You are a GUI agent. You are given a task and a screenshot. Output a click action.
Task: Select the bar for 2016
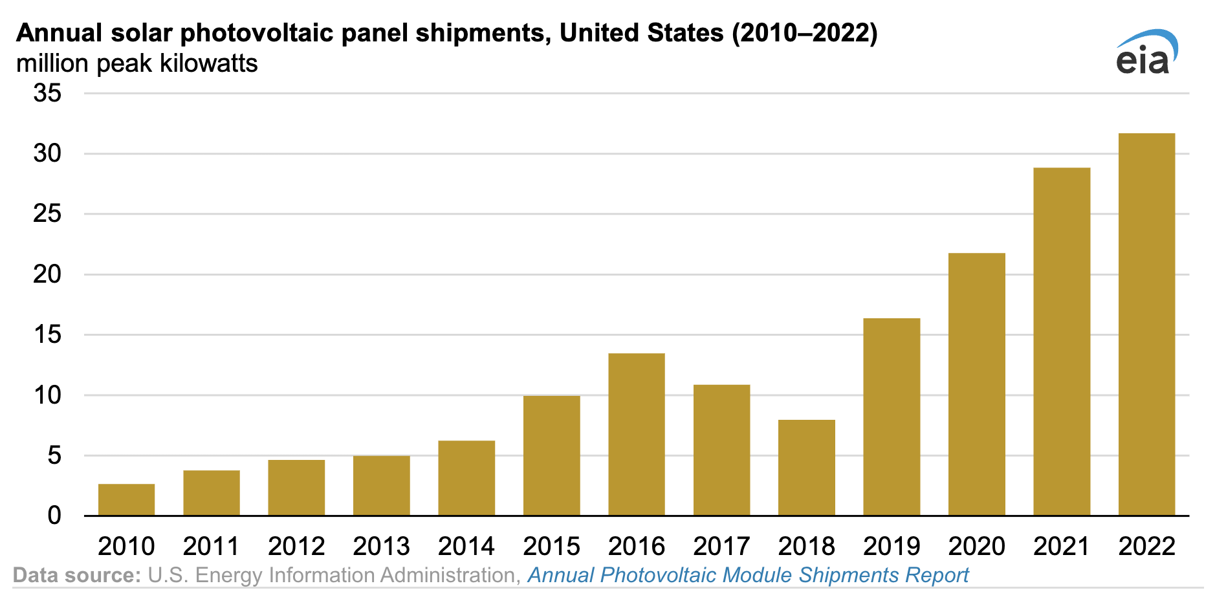pos(637,434)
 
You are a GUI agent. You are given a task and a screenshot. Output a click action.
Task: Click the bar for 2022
pos(1146,324)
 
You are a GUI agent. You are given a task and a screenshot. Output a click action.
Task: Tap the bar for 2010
pos(127,499)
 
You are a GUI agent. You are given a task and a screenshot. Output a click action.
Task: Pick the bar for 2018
pos(807,467)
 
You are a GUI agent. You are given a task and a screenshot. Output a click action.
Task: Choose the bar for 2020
pos(977,384)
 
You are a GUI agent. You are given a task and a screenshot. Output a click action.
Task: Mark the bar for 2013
pos(382,485)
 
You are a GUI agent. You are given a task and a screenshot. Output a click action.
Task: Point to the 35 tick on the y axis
pos(47,93)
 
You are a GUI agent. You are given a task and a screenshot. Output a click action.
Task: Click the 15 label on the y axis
pos(47,335)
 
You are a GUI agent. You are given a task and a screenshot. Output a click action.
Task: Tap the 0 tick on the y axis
pos(54,516)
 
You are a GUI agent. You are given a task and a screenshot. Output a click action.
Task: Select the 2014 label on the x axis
pos(466,547)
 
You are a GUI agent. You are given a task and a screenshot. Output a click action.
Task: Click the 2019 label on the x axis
pos(892,547)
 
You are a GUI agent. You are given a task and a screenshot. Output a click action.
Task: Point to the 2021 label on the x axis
pos(1062,547)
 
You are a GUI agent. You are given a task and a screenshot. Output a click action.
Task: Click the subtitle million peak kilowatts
pos(137,63)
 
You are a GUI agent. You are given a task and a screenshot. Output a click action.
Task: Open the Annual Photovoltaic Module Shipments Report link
pos(748,575)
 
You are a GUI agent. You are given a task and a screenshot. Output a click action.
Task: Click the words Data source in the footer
pos(76,575)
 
